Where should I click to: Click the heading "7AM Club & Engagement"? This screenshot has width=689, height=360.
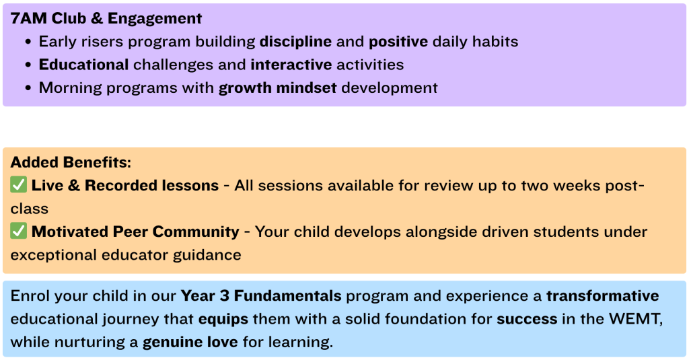(106, 18)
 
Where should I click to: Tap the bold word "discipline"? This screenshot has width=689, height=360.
(296, 42)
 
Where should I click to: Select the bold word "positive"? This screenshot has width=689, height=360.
(398, 42)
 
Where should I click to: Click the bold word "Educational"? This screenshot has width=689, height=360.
(83, 65)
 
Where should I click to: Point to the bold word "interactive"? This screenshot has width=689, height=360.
(291, 65)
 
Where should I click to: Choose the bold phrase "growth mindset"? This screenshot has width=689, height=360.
(278, 88)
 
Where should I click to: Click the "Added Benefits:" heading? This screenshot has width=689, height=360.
(71, 162)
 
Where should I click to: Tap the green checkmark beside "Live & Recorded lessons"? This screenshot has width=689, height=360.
(18, 184)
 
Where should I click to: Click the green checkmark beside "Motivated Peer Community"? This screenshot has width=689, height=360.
(18, 231)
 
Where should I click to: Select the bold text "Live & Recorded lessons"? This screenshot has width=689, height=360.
(125, 186)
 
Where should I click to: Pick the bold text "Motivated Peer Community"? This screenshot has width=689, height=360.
(135, 231)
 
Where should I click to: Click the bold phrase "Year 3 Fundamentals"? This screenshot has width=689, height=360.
(261, 296)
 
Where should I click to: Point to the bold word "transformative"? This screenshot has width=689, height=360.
(602, 296)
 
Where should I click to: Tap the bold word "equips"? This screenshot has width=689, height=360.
(223, 319)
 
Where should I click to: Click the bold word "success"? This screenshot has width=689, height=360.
(527, 319)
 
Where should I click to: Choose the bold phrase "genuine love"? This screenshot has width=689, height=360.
(190, 343)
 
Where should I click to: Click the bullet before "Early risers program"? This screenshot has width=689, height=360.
(28, 42)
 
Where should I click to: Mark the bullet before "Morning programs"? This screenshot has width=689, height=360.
(28, 88)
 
